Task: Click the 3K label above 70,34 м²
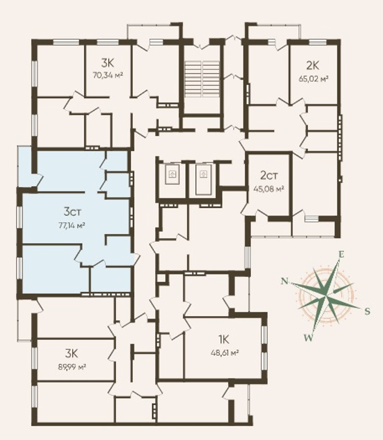(108, 63)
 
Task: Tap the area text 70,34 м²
(108, 75)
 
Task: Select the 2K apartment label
(313, 66)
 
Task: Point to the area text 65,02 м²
(314, 79)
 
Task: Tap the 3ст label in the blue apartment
(72, 212)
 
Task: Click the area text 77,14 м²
(72, 225)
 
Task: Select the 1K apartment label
(224, 340)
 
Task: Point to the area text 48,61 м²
(225, 353)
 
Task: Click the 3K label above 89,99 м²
(71, 353)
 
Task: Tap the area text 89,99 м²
(71, 366)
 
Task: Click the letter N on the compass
(285, 281)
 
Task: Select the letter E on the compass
(341, 255)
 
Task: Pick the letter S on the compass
(367, 311)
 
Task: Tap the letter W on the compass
(308, 338)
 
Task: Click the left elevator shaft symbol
(171, 175)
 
